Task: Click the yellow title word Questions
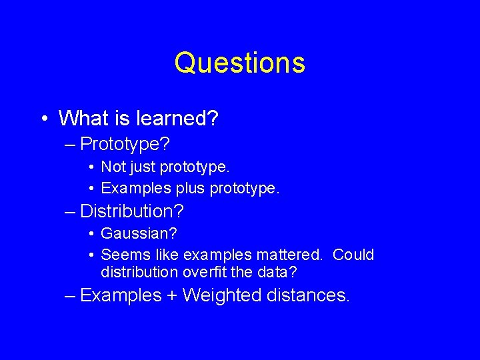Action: [240, 63]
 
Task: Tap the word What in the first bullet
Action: [81, 119]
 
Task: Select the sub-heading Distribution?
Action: [131, 212]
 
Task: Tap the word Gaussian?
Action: [139, 235]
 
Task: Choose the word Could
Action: [353, 255]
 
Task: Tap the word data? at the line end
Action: [281, 272]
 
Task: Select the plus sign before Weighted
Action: [171, 295]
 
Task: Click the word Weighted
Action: [221, 295]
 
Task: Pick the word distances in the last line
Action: [307, 295]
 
